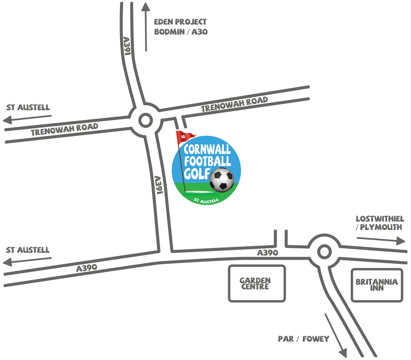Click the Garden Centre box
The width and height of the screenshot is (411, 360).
click(x=256, y=283)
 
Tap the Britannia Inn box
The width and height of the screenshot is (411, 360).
click(x=377, y=285)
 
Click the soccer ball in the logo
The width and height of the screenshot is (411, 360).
click(x=222, y=180)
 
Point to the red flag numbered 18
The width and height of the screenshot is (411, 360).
click(x=184, y=137)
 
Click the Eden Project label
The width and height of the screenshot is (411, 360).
click(x=180, y=22)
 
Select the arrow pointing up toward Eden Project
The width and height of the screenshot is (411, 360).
click(x=146, y=27)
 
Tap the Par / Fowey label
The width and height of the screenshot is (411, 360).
click(x=303, y=339)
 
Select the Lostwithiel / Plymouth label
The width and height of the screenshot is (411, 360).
click(x=380, y=223)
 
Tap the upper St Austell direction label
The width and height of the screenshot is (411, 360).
click(x=28, y=107)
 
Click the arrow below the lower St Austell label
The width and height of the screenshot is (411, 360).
click(x=27, y=261)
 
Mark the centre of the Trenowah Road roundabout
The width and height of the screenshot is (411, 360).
click(x=145, y=121)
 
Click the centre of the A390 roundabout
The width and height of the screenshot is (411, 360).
click(x=324, y=252)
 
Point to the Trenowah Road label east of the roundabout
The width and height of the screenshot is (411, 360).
click(x=234, y=104)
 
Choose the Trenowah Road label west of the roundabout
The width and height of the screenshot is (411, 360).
click(x=64, y=130)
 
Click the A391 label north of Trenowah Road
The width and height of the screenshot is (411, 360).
click(x=127, y=46)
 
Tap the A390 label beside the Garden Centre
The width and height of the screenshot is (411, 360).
click(x=268, y=253)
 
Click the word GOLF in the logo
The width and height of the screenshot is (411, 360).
click(x=197, y=174)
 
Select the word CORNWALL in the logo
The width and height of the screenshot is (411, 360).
click(x=207, y=149)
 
